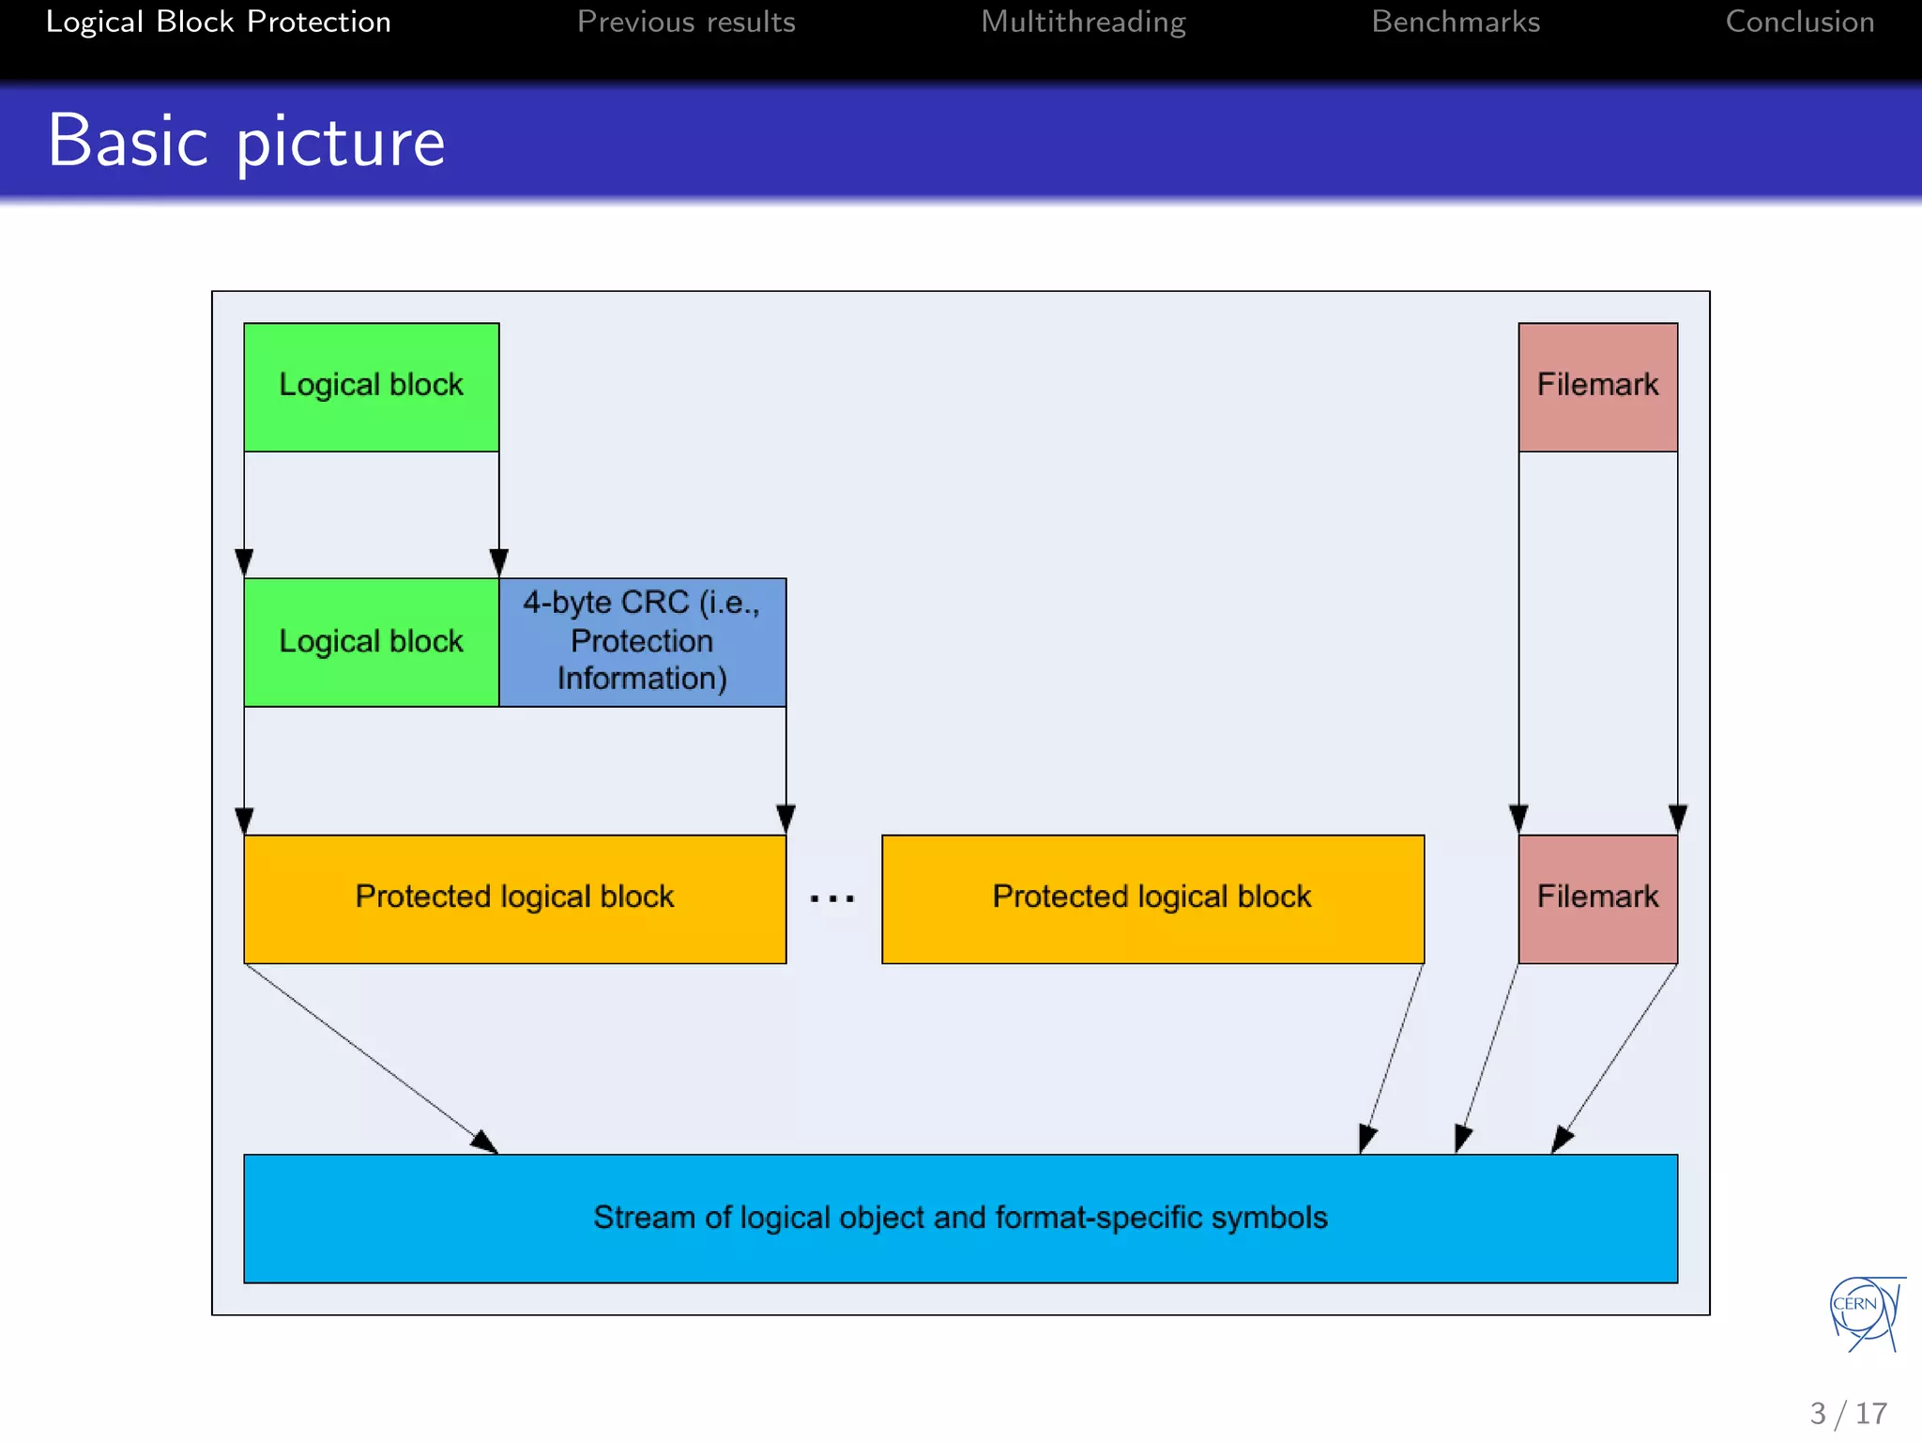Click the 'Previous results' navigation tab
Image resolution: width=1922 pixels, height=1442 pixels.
click(x=686, y=22)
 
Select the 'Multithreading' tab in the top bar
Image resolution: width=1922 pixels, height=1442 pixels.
click(x=1083, y=22)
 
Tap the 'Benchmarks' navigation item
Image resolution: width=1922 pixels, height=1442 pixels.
click(x=1456, y=22)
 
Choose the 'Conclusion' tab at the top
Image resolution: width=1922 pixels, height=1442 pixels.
click(x=1799, y=22)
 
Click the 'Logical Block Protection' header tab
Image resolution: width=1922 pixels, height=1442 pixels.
click(x=218, y=22)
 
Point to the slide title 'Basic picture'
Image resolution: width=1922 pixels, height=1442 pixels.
click(x=246, y=141)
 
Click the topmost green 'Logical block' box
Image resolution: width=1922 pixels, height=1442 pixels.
click(x=371, y=387)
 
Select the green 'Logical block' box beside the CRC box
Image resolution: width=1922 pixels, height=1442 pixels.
click(x=371, y=642)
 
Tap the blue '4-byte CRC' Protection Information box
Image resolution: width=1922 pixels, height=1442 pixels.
click(x=642, y=642)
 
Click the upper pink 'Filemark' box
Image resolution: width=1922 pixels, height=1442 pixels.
click(x=1597, y=387)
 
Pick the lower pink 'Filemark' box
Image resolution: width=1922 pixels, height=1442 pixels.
click(x=1597, y=898)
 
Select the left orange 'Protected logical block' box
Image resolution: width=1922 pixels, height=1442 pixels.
click(x=514, y=898)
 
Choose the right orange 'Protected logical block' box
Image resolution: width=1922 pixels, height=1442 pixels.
click(x=1152, y=898)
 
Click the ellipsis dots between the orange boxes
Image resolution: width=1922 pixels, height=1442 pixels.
click(x=832, y=899)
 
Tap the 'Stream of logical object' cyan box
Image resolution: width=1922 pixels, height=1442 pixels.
click(x=960, y=1218)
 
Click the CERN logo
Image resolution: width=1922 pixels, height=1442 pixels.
click(x=1866, y=1312)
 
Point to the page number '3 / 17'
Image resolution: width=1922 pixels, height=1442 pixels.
click(x=1848, y=1414)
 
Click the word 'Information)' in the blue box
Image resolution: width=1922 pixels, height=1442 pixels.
click(x=642, y=679)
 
